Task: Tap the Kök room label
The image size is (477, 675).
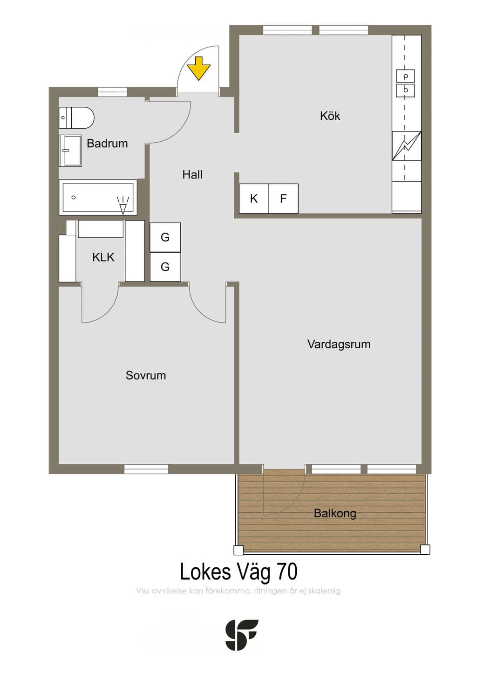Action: coord(330,116)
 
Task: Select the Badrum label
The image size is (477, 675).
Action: coord(107,144)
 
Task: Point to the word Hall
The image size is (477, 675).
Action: coord(192,174)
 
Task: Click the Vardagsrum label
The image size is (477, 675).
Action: coord(339,344)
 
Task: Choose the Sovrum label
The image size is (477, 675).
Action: coord(146,375)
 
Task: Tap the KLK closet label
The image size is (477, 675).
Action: coord(103,257)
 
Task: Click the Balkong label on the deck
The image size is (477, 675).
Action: coord(335,513)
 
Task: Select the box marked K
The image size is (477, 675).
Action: coord(254,199)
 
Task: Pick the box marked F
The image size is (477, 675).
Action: coord(283,199)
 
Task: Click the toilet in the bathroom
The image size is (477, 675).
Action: coord(76,117)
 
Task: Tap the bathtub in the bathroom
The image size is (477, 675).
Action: coord(98,197)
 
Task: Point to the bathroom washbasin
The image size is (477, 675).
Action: coord(70,151)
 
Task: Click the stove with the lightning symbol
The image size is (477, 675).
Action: coord(407,146)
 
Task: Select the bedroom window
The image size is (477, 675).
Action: coord(146,469)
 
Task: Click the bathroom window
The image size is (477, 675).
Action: coord(112,92)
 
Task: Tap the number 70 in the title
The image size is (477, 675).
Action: coord(287,572)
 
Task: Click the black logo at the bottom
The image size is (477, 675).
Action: coord(242,634)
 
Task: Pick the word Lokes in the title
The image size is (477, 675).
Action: coord(205,572)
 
